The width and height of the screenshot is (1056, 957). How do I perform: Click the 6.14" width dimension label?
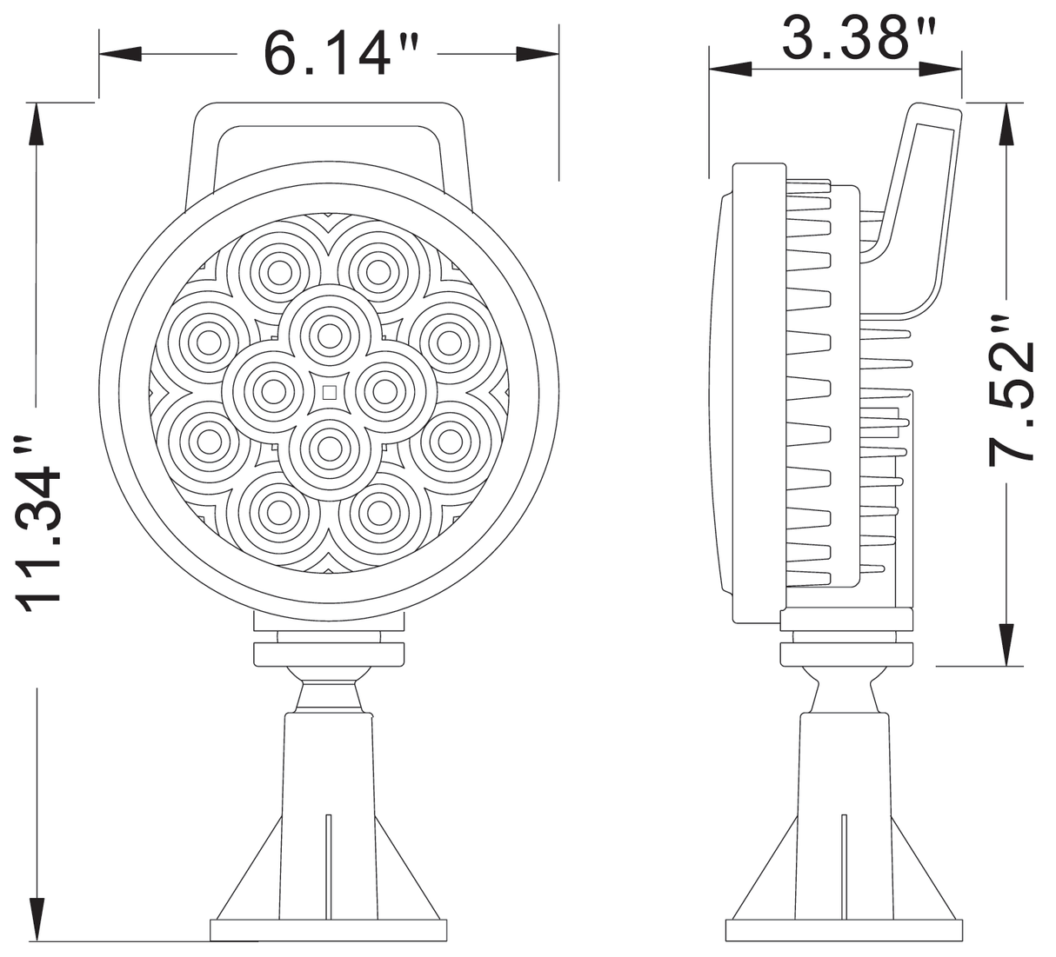click(341, 54)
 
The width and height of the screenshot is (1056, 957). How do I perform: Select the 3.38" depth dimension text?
click(859, 38)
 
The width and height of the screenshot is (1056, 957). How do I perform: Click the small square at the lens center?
click(330, 392)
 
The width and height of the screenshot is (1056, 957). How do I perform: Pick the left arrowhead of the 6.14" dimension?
click(120, 54)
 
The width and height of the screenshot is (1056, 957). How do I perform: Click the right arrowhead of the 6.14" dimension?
click(538, 54)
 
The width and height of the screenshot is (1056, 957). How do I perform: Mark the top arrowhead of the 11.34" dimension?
click(37, 123)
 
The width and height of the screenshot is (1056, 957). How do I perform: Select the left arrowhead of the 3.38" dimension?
click(731, 69)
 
